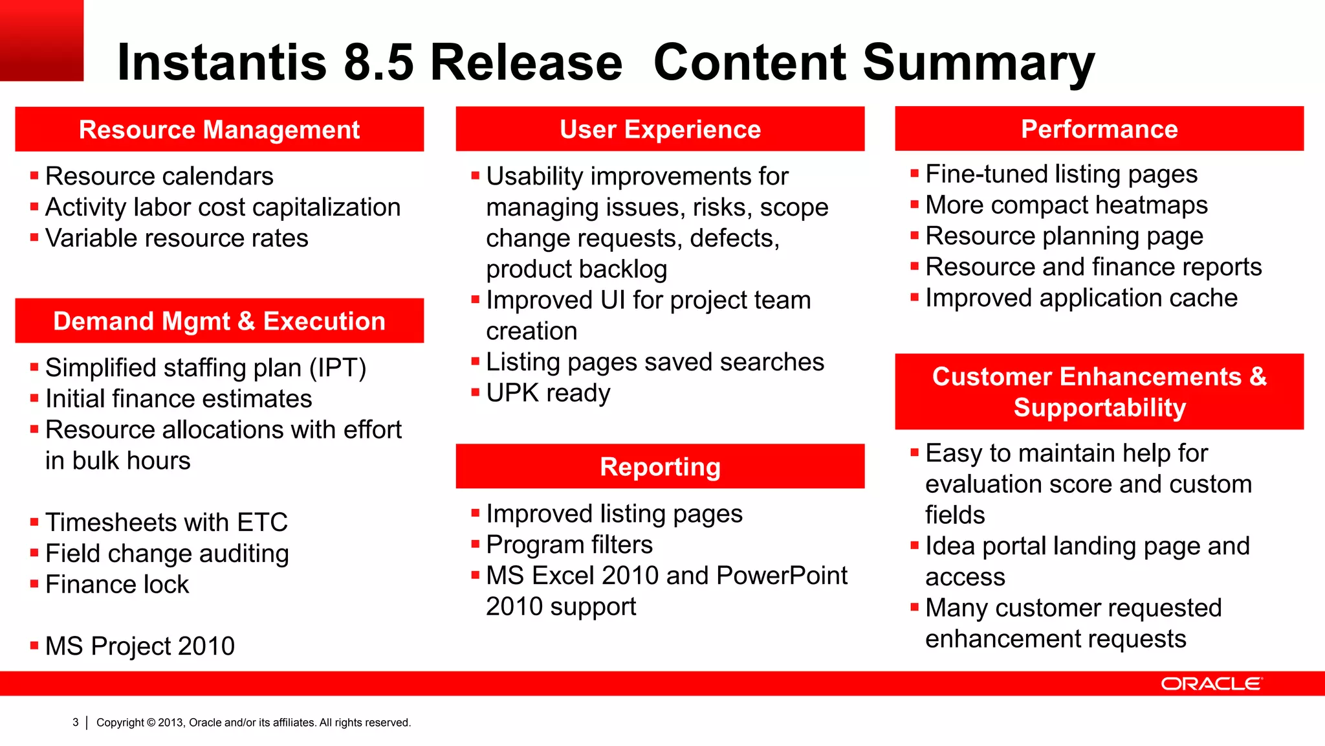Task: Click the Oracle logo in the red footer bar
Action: (1210, 684)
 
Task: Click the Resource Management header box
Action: (219, 130)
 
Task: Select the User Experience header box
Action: (660, 130)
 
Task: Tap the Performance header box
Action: (1099, 129)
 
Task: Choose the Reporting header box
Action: (660, 467)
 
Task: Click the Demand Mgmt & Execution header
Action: (219, 321)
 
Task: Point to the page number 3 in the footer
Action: (76, 722)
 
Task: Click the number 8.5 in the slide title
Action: (378, 63)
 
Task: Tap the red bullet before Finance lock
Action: (34, 583)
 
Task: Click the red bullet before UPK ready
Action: (475, 392)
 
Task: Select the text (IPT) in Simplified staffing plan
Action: (337, 368)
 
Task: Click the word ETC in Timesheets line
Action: (262, 523)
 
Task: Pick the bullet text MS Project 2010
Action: (140, 646)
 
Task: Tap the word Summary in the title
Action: (978, 63)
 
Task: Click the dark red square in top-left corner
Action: (41, 40)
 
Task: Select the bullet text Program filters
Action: (569, 545)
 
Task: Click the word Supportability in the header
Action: (1099, 408)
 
